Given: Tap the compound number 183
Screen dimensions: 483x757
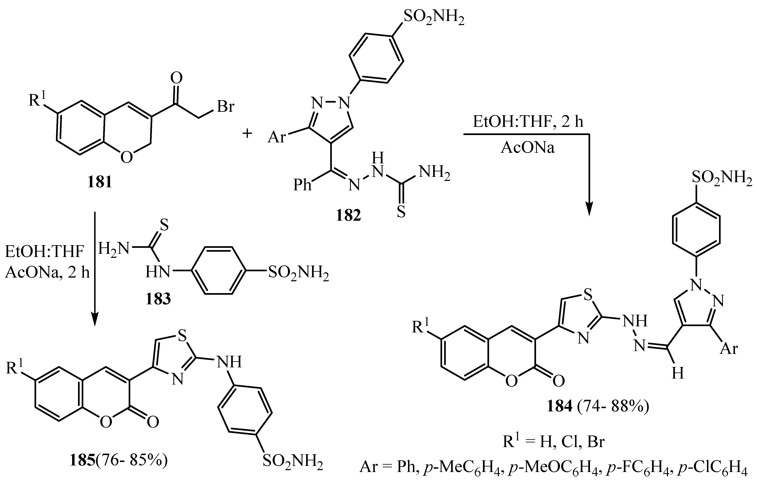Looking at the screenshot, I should tap(158, 299).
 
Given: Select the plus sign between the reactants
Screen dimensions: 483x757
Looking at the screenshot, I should tap(248, 133).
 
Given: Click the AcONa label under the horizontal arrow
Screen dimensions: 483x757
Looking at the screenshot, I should tap(528, 147).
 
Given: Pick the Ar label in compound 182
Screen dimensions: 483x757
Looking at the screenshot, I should tap(277, 137).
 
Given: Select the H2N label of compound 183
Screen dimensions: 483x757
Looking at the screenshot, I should tap(114, 249).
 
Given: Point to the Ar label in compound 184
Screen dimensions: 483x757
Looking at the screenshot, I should tap(729, 349).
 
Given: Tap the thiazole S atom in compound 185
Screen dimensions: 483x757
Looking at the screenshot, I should tap(182, 337).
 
